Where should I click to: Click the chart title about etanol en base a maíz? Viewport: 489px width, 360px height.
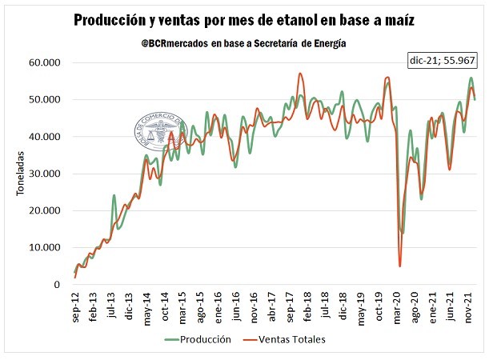(x=243, y=19)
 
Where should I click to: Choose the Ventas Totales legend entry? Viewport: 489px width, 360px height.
(x=291, y=339)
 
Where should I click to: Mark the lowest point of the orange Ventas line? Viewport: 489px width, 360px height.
(x=399, y=266)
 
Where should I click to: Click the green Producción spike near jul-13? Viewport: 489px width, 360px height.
(x=114, y=195)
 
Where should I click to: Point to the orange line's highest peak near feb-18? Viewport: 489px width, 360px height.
(x=300, y=74)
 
